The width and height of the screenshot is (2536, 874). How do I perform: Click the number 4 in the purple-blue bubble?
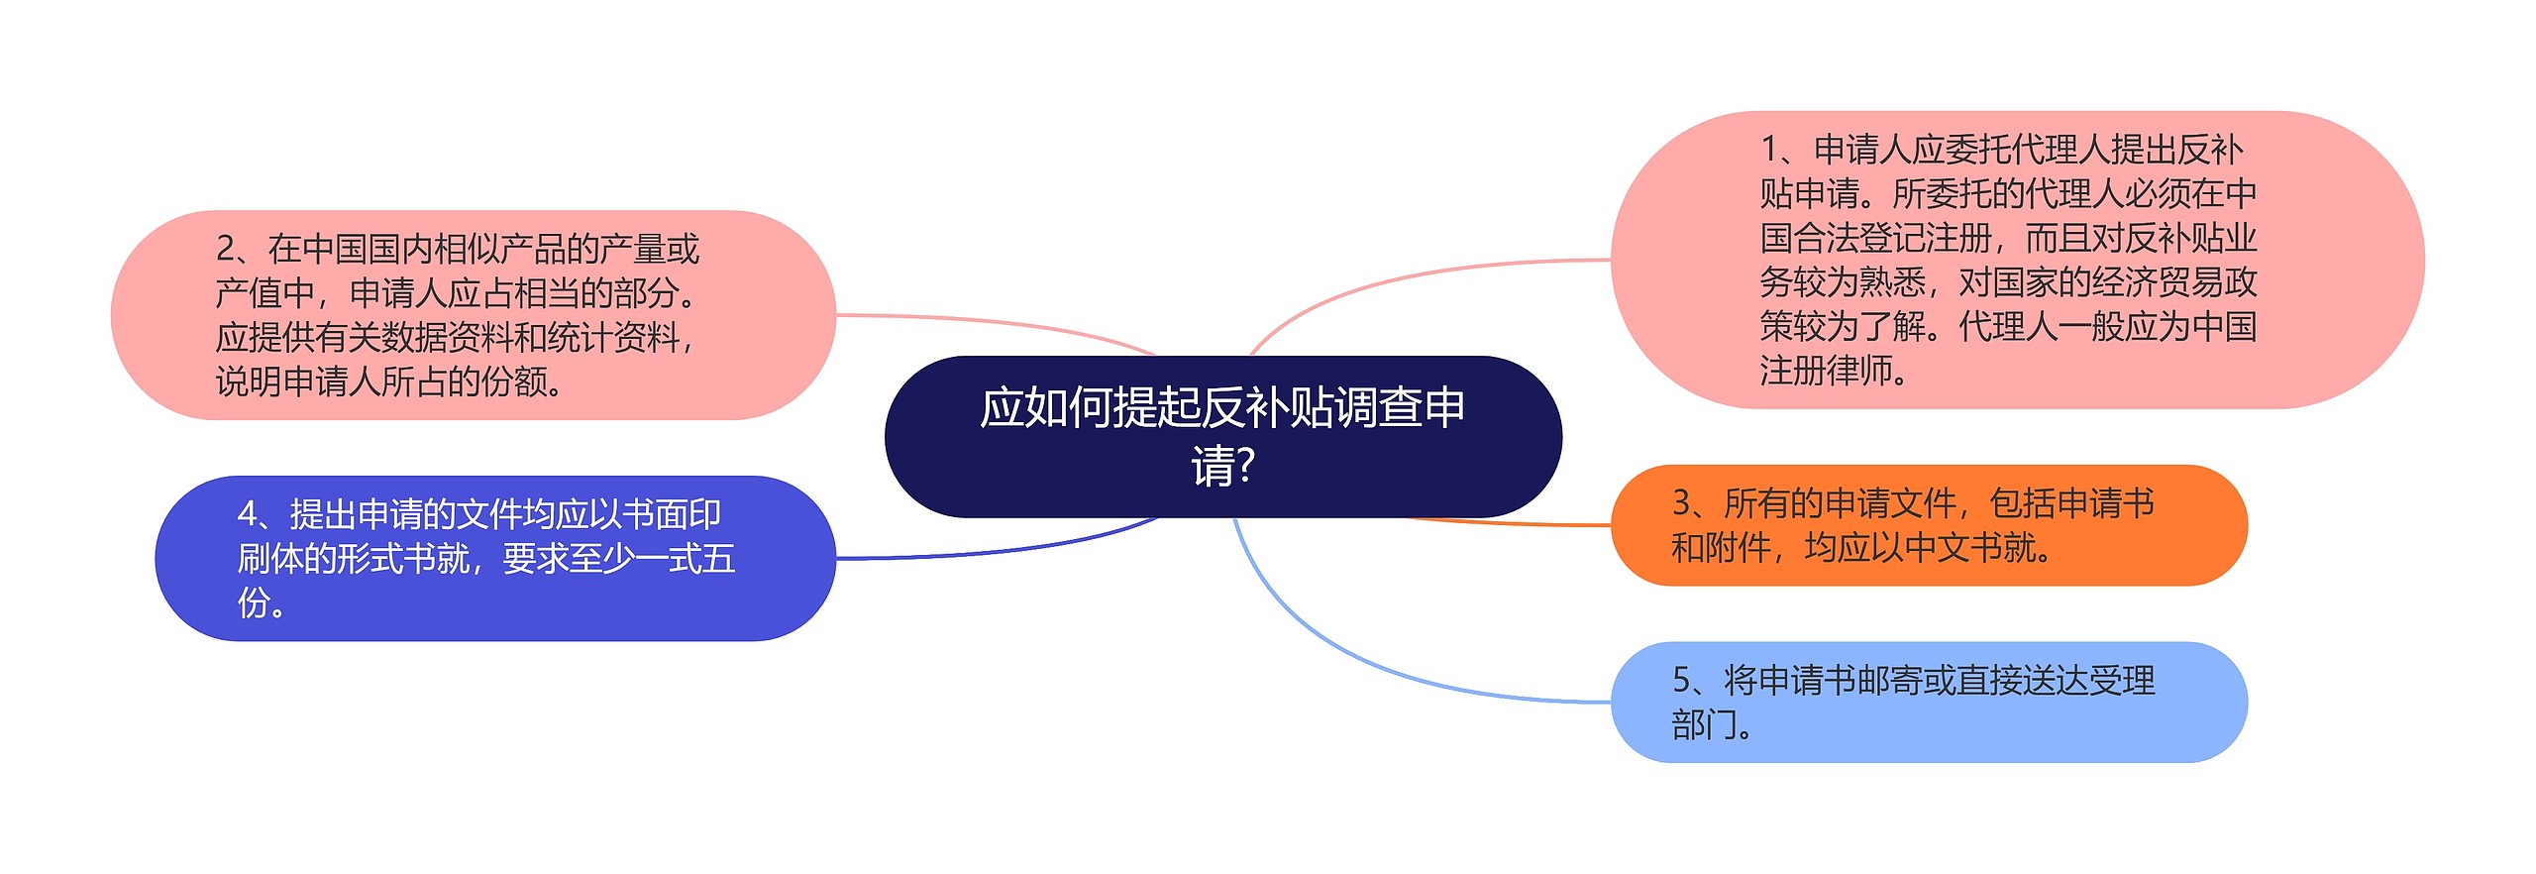248,514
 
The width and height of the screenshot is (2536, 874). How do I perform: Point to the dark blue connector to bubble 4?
991,551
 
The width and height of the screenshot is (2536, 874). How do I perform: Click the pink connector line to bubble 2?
991,321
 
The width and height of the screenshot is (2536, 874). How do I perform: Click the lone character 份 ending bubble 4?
254,602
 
